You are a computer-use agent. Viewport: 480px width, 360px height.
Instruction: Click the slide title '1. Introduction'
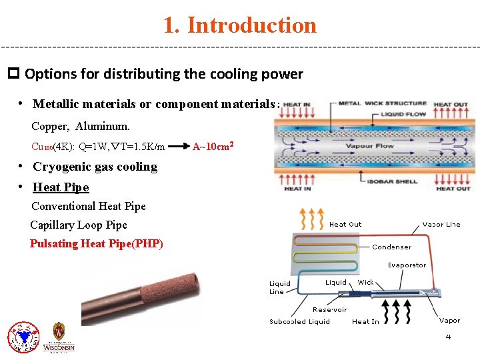240,25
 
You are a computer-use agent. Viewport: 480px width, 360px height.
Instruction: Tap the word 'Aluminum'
103,126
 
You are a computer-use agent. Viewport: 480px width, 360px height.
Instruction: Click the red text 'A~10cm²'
213,146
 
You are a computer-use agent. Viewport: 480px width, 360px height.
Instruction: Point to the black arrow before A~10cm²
177,146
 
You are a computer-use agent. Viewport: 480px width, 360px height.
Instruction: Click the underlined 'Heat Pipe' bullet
61,187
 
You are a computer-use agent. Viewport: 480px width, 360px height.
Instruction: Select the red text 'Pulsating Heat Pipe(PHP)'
97,243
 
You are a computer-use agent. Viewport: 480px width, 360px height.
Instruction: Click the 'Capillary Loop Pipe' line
79,225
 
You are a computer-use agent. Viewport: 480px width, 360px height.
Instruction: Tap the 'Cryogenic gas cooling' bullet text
95,167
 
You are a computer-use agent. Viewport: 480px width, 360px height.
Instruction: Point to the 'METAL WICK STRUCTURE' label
382,103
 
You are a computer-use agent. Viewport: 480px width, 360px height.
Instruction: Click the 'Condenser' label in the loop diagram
392,247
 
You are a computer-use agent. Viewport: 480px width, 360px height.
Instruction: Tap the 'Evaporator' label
407,265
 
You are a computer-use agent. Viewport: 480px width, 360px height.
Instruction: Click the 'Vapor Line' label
441,225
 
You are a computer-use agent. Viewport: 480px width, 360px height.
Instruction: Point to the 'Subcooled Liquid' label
299,321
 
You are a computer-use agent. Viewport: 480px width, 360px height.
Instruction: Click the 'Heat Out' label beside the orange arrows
345,225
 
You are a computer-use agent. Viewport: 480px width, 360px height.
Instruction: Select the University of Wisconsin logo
59,337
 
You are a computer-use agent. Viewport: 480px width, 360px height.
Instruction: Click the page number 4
448,337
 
